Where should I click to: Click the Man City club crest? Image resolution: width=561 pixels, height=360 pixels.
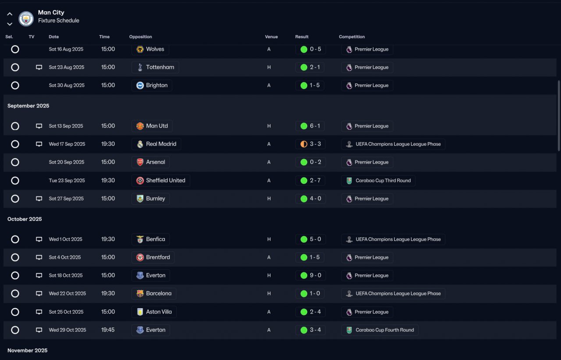[x=26, y=18]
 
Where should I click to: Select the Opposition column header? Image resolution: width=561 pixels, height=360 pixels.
[x=140, y=37]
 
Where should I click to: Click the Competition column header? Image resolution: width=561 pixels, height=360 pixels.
[x=352, y=37]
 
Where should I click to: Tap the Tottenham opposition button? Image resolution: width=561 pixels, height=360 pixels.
[x=155, y=68]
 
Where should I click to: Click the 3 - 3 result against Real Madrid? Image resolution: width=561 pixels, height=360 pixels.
[x=310, y=144]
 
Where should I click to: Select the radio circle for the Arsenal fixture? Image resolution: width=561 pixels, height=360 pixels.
[x=15, y=162]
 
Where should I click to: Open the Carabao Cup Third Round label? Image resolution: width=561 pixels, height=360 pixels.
[x=378, y=181]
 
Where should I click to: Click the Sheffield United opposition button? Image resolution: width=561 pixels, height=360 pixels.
[x=160, y=181]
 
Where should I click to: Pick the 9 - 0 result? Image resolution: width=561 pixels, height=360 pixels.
[x=310, y=276]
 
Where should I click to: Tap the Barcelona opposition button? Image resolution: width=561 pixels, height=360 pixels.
[x=154, y=293]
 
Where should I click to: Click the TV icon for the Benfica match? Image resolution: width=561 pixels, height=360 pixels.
[x=39, y=239]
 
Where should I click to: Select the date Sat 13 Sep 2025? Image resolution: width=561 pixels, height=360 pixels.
[x=66, y=126]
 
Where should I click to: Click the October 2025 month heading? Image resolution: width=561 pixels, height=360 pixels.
[x=25, y=219]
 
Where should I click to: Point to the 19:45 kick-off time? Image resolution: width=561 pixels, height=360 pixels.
[x=108, y=330]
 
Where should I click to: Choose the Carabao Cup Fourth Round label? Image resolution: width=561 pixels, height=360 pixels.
[x=380, y=330]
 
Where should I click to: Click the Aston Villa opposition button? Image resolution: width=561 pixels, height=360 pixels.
[x=154, y=312]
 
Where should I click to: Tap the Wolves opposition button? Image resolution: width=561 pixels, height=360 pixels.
[x=150, y=50]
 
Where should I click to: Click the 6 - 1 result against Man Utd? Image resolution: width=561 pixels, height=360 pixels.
[x=310, y=126]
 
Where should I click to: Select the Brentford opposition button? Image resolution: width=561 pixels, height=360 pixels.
[x=153, y=257]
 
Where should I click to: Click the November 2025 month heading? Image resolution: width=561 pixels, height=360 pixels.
[x=27, y=351]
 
